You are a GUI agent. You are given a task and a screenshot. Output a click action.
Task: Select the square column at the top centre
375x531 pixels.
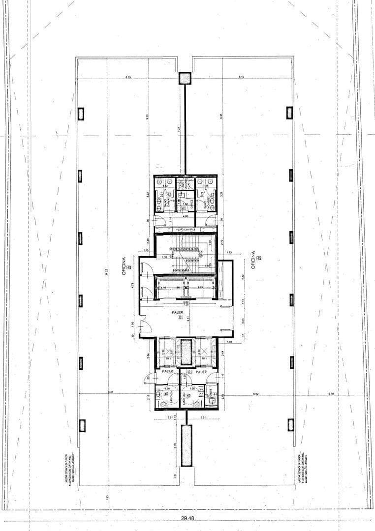point(185,78)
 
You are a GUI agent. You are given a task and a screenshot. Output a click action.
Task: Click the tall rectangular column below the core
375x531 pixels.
point(186,445)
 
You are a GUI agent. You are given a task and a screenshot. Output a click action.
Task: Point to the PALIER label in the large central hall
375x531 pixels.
point(178,312)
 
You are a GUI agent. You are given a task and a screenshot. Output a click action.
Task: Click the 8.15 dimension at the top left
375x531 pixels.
point(128,77)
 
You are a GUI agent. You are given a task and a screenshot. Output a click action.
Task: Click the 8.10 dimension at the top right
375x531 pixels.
point(241,77)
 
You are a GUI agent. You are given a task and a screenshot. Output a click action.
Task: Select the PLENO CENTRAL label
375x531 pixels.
point(186,230)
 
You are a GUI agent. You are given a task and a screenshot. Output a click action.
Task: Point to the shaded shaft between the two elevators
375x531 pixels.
point(186,352)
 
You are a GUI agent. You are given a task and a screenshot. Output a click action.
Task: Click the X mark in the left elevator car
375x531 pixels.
point(168,353)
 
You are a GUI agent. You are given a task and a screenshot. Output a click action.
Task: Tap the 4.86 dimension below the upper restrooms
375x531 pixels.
point(186,216)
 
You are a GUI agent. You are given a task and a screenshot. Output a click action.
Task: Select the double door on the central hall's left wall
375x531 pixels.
point(143,327)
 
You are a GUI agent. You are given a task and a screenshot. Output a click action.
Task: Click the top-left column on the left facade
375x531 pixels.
point(81,114)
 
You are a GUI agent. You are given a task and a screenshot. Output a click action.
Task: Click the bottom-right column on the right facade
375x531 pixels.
point(290,425)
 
